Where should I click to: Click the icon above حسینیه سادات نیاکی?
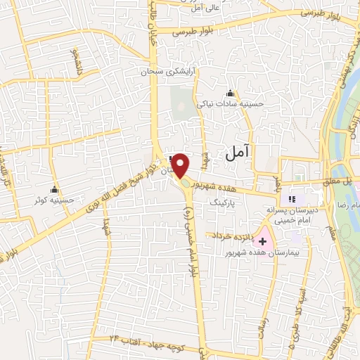pos(230,93)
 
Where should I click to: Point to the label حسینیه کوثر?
pos(55,200)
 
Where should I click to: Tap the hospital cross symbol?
pos(263,241)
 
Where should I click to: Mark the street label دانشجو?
pos(75,61)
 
